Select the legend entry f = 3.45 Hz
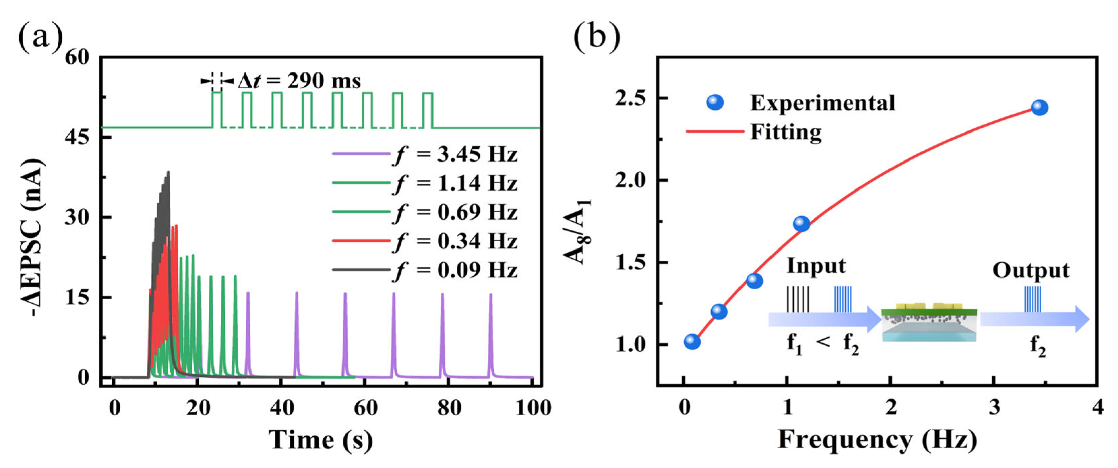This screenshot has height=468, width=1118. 456,154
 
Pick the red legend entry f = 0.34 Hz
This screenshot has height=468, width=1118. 456,241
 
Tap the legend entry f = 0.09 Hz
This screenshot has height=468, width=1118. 456,270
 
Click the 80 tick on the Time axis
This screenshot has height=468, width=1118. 449,408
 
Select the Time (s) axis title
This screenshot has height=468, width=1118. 320,439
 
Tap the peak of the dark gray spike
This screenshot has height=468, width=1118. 169,172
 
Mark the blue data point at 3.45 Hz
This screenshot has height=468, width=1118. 1039,108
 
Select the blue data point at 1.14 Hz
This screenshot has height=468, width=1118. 802,224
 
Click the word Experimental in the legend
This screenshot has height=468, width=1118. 822,103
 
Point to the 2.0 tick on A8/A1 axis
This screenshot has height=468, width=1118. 630,180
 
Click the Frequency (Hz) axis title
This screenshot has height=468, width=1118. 877,439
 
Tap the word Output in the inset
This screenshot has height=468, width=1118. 1031,270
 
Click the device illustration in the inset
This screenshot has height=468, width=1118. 929,323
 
